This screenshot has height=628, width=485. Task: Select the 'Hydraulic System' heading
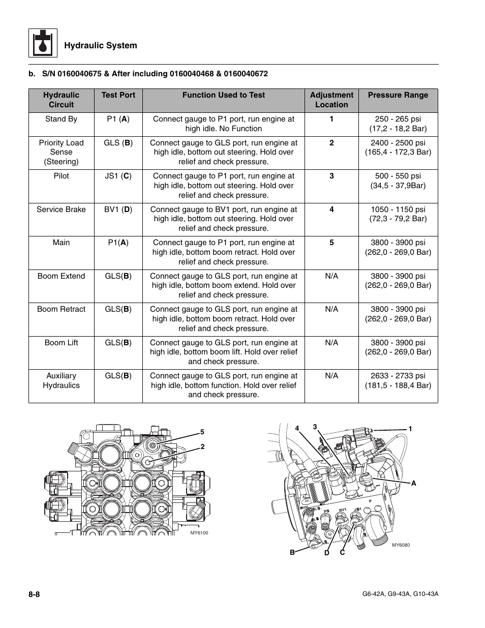(x=100, y=46)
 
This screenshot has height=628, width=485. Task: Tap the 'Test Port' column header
(x=118, y=95)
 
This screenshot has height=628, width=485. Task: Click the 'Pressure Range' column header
(x=398, y=95)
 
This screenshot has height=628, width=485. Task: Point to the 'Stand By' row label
(x=61, y=119)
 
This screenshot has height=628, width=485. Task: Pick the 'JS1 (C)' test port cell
(x=118, y=176)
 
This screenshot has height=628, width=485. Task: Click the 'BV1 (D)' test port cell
(x=118, y=210)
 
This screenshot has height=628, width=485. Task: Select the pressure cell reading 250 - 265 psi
(x=398, y=124)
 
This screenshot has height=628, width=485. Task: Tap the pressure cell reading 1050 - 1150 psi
(x=398, y=214)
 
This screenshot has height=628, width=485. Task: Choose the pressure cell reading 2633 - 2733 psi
(x=398, y=380)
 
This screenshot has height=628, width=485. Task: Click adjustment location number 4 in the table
(x=331, y=210)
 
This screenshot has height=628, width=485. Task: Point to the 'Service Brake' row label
(x=61, y=210)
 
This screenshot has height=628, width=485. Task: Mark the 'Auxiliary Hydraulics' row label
(x=61, y=380)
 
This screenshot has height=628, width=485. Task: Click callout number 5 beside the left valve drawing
(x=202, y=432)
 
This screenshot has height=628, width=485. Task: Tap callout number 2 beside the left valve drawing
(x=202, y=446)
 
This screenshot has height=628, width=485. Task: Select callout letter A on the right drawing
(x=413, y=484)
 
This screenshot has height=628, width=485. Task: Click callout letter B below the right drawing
(x=292, y=552)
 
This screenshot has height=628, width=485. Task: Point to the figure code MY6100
(x=199, y=533)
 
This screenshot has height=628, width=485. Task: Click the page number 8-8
(x=35, y=594)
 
